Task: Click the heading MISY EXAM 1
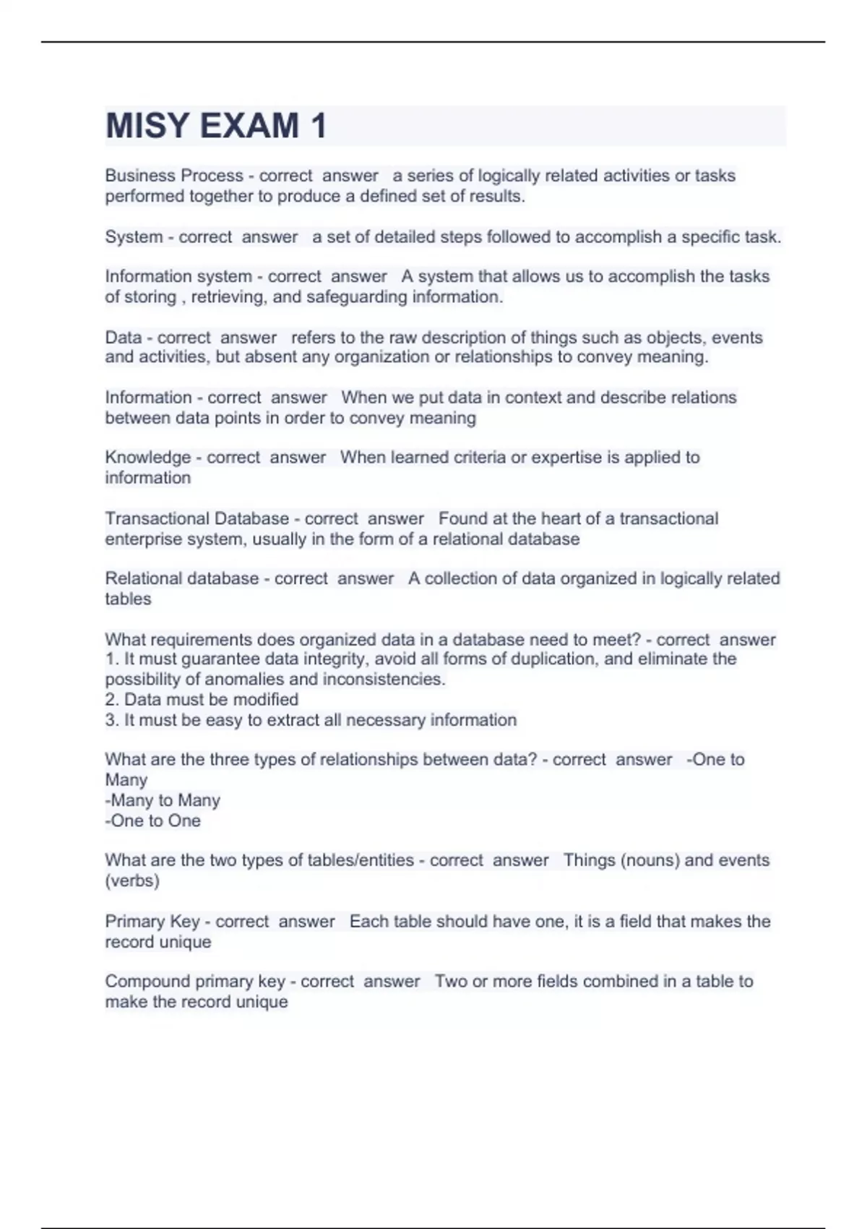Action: (216, 126)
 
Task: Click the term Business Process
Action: (174, 176)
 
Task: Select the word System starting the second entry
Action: (134, 237)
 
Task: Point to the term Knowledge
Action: (148, 458)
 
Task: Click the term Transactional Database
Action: (197, 519)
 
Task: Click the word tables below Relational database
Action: (128, 599)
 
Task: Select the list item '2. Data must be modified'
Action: (202, 700)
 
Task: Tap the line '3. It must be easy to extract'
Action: (311, 720)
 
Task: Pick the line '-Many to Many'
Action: (163, 800)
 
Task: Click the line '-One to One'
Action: (152, 821)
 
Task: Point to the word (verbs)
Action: (132, 881)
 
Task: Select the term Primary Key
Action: (152, 922)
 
